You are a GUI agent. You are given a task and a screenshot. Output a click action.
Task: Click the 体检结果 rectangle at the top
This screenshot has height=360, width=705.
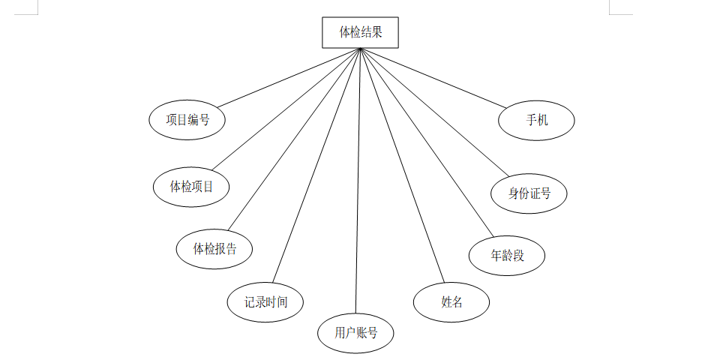point(360,33)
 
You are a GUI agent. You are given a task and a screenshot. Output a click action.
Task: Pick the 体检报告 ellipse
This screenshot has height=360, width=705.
point(214,249)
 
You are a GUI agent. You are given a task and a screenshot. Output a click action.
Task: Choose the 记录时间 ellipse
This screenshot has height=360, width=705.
point(265,302)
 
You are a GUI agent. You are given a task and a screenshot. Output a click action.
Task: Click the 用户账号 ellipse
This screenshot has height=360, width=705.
point(355,332)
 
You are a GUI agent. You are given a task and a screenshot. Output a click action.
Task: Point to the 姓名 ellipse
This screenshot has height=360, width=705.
point(451,302)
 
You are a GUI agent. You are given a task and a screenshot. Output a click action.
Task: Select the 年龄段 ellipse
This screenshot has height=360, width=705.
point(507,256)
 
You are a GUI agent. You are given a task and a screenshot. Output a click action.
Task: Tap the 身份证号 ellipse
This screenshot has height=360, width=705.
point(529,193)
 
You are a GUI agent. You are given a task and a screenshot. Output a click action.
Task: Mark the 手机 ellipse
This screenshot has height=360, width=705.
point(537,120)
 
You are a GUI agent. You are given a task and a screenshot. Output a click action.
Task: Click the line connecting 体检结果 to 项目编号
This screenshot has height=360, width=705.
point(289,77)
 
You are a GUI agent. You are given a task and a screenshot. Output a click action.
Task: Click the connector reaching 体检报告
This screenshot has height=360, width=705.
point(294,139)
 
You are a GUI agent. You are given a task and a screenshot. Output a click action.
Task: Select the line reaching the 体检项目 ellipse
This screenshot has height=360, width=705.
point(286,109)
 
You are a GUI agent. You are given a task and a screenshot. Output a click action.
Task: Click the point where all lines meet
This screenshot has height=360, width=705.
point(360,49)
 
